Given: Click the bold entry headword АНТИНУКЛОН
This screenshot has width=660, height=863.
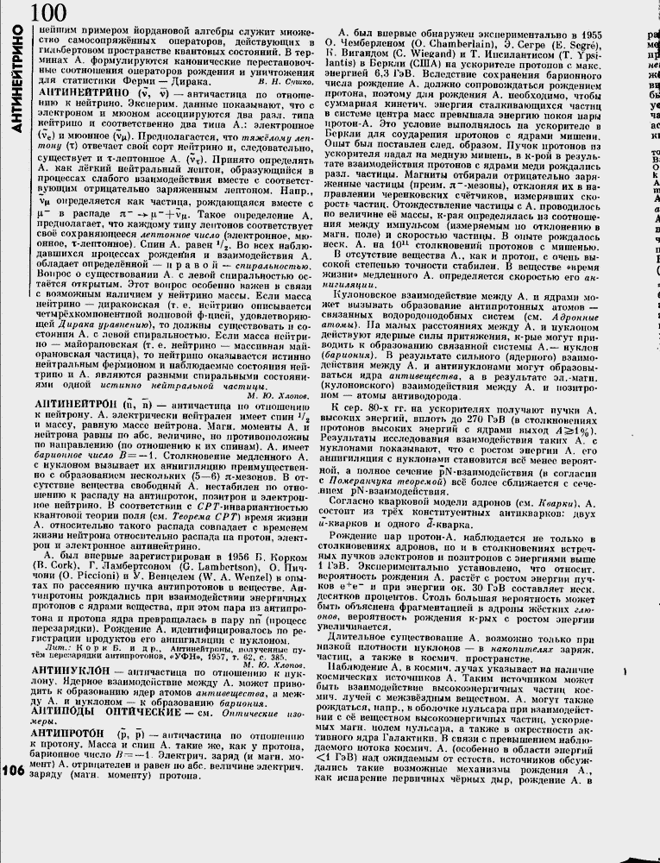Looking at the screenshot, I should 71,671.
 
